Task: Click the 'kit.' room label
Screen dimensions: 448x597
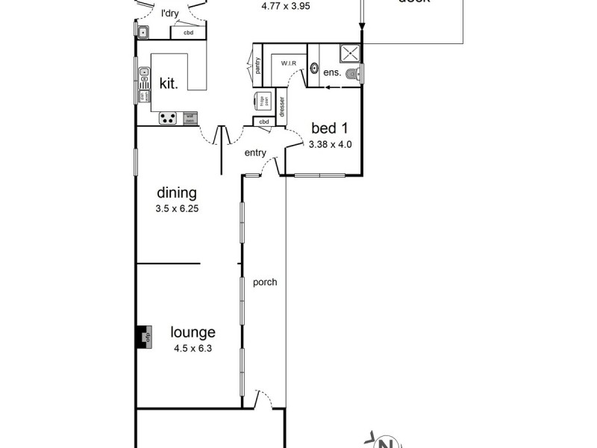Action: (169, 84)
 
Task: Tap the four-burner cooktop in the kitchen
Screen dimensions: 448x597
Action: (167, 117)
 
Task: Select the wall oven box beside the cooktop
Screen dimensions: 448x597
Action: (190, 117)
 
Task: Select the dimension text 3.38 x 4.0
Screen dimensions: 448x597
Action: (329, 144)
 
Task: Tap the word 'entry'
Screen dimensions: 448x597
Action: (255, 152)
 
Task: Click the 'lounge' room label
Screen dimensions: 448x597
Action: (193, 332)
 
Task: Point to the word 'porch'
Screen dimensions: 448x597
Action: (265, 282)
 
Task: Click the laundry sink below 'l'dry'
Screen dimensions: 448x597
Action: (143, 31)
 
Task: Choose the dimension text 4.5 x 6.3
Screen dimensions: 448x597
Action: (193, 347)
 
